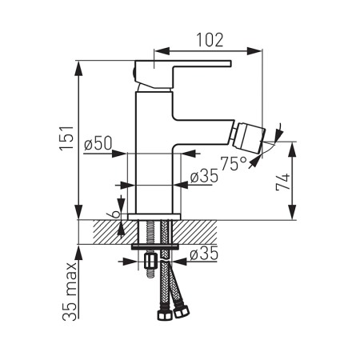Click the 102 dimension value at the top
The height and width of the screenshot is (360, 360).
coord(210,40)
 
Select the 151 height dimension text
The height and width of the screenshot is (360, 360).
coord(66,138)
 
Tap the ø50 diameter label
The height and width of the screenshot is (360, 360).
coord(98,143)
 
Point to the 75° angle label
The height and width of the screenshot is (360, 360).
coord(234,163)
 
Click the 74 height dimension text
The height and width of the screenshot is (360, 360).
coord(282,182)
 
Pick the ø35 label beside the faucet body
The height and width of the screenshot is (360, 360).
coord(204,176)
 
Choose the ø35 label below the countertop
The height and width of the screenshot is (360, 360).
coord(204,254)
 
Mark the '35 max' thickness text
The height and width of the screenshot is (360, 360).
coord(70,291)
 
